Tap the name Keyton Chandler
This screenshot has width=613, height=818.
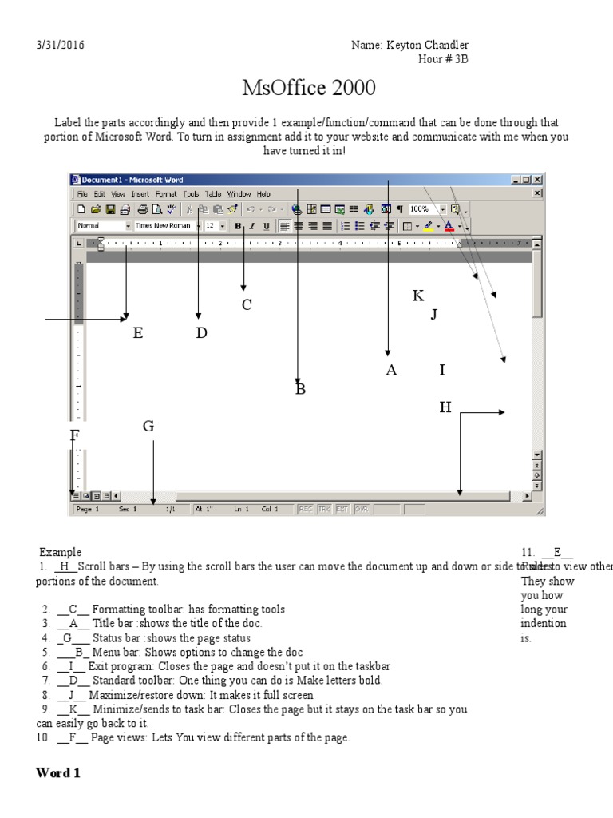409,46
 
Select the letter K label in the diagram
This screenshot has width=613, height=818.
418,296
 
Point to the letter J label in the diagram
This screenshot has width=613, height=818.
434,314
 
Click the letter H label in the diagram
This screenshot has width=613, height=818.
445,408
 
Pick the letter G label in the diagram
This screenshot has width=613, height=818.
148,427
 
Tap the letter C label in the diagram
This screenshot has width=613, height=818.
247,304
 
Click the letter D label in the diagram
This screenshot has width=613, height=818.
201,333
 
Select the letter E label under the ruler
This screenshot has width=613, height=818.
138,333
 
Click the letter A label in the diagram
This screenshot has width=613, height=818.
391,370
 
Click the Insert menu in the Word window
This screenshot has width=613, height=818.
140,194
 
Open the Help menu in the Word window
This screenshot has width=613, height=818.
263,194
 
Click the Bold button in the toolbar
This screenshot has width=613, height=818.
238,226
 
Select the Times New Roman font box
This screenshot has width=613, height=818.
164,226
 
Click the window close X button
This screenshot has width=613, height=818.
537,181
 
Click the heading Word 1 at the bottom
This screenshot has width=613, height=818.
58,773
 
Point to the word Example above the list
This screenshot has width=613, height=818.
61,552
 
